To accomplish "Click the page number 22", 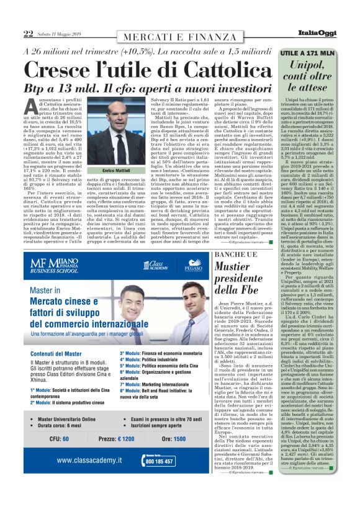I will coord(28,34).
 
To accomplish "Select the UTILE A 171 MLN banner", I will coord(312,54).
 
